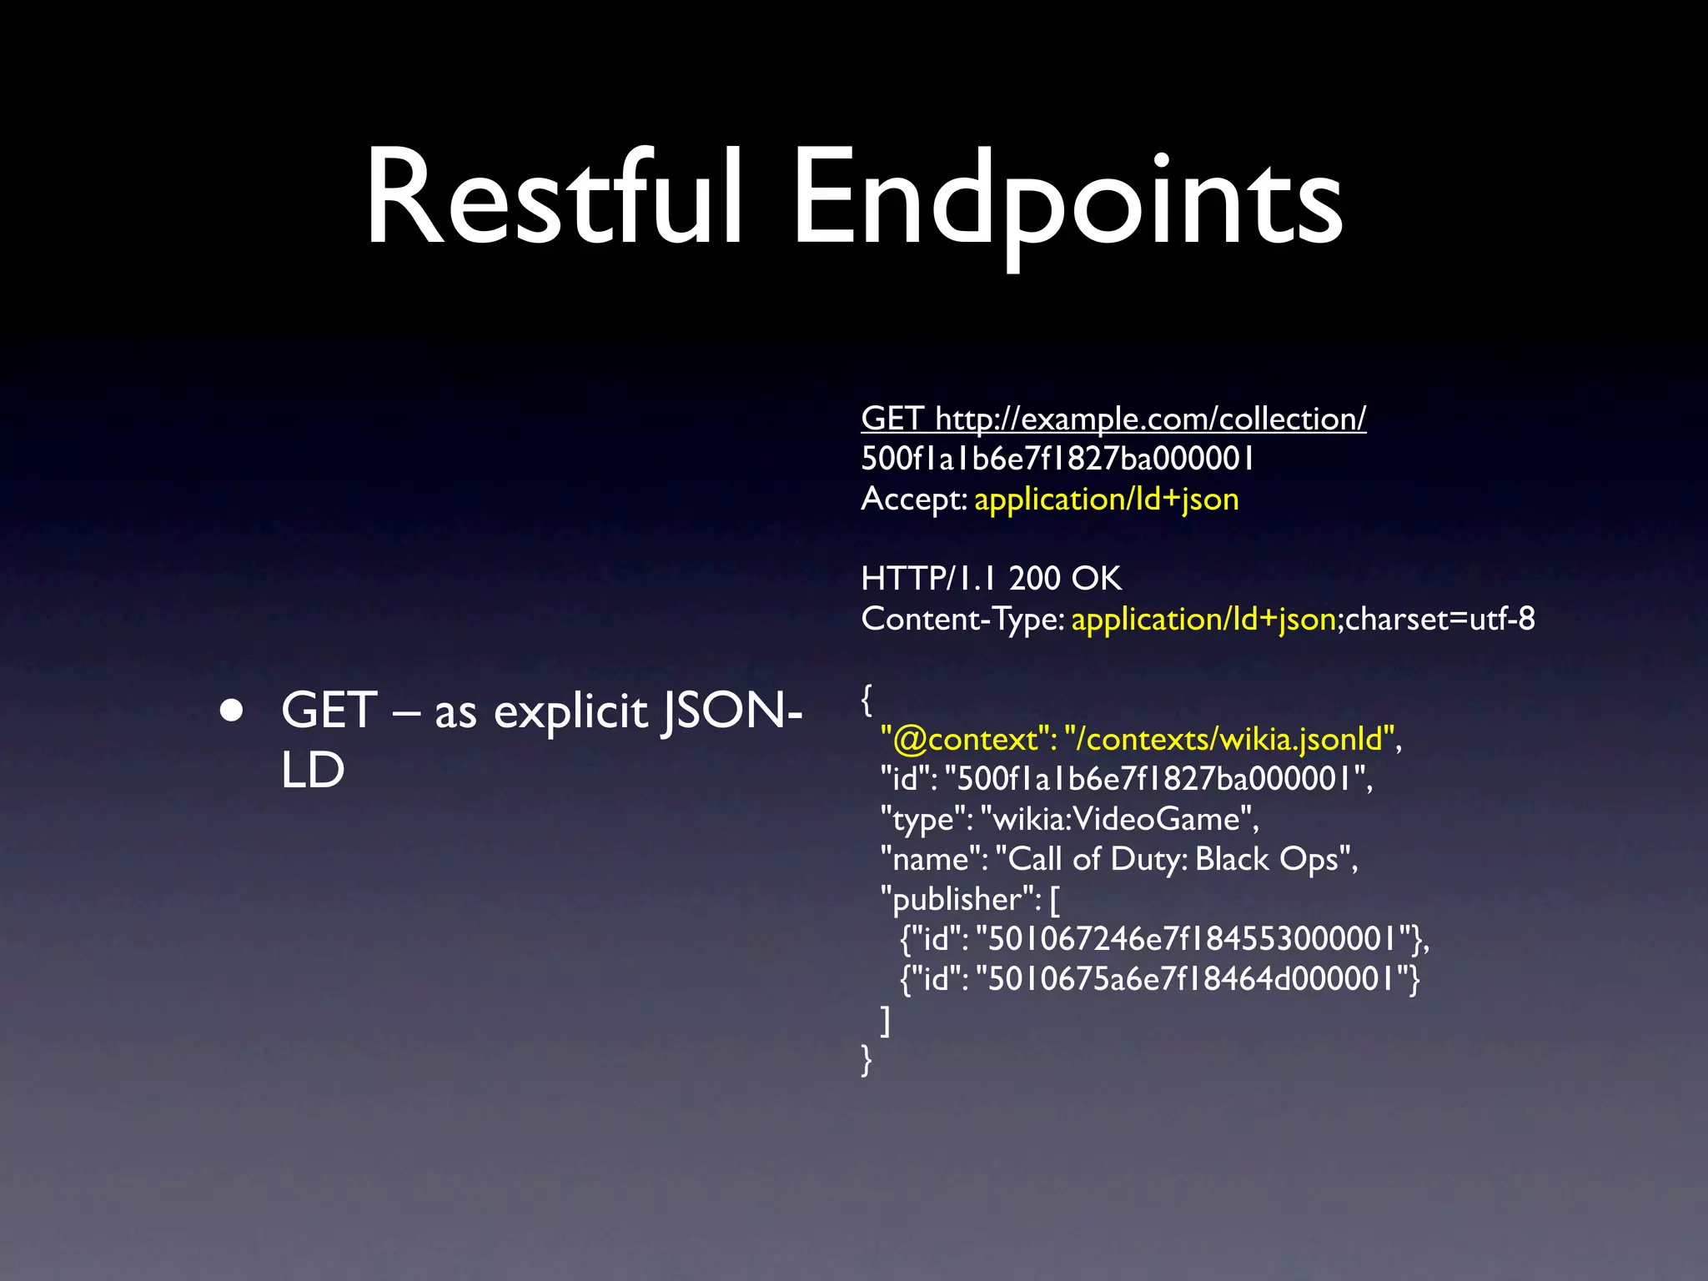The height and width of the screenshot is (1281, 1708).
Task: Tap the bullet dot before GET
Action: click(x=232, y=711)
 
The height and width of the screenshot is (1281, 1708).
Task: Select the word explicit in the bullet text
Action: click(x=570, y=713)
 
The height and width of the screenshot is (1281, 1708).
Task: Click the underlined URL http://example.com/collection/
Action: click(x=1150, y=419)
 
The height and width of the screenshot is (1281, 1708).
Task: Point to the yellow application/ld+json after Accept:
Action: click(x=1106, y=500)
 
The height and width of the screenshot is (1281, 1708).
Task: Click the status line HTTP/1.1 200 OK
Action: click(x=991, y=579)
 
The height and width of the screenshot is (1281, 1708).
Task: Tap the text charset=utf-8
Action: click(x=1439, y=619)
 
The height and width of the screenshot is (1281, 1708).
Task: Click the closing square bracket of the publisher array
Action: click(x=886, y=1020)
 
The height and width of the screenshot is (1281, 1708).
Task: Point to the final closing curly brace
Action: click(x=867, y=1060)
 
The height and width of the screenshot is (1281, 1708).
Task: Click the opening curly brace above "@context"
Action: click(x=867, y=700)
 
